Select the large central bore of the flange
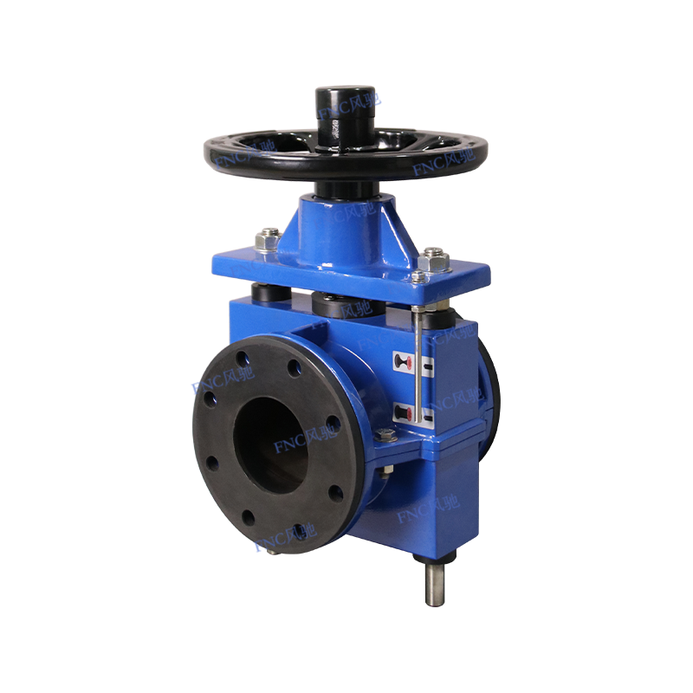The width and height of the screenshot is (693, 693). [x=271, y=443]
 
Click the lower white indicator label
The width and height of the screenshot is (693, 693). [x=405, y=411]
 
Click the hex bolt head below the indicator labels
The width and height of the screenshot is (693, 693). [x=387, y=436]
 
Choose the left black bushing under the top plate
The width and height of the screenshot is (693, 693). [x=270, y=295]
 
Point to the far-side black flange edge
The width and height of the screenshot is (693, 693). [x=490, y=390]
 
